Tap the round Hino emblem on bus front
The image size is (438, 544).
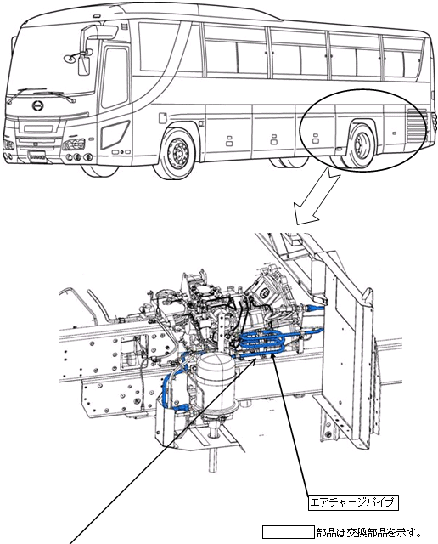pyautogui.click(x=37, y=105)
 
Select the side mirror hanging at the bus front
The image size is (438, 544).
pyautogui.click(x=83, y=66)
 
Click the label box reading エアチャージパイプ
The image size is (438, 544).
pyautogui.click(x=353, y=502)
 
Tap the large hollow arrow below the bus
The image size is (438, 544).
pyautogui.click(x=314, y=196)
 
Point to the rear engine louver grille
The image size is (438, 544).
pyautogui.click(x=416, y=126)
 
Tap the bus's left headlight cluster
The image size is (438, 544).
pyautogui.click(x=74, y=144)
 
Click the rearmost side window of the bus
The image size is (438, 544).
pyautogui.click(x=403, y=57)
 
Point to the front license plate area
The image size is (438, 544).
pyautogui.click(x=38, y=156)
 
